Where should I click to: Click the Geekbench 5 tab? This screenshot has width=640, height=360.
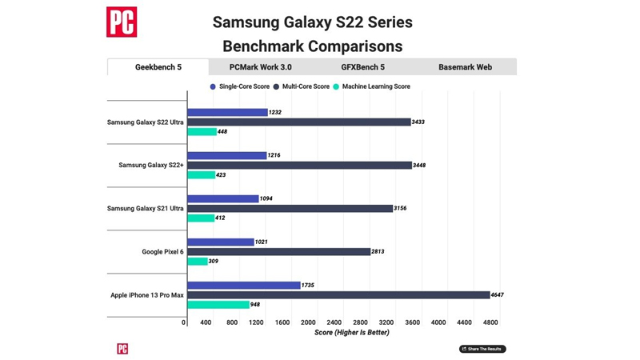point(158,67)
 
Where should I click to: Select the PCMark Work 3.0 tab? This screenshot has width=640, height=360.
point(260,67)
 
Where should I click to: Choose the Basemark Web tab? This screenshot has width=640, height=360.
point(465,67)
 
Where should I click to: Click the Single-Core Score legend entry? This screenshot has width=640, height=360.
point(239,86)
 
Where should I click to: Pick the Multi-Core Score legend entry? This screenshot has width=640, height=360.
point(301,86)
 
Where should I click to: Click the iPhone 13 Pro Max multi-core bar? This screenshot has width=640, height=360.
point(338,295)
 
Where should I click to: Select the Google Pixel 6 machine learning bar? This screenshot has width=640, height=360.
point(198,262)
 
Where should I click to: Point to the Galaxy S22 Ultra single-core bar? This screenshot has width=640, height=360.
point(227,113)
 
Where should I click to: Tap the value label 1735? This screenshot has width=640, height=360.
point(309,286)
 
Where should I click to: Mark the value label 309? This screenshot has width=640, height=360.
point(215,262)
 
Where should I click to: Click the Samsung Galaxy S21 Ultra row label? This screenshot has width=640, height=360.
point(145,209)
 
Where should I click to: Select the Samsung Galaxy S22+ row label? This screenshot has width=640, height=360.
point(151,166)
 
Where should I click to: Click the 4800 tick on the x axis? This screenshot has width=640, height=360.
point(490,322)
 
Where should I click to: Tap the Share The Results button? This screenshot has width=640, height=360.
point(482,349)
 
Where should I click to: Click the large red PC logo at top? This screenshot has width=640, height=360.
point(122,22)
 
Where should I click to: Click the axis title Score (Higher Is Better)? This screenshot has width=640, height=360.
point(352,333)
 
